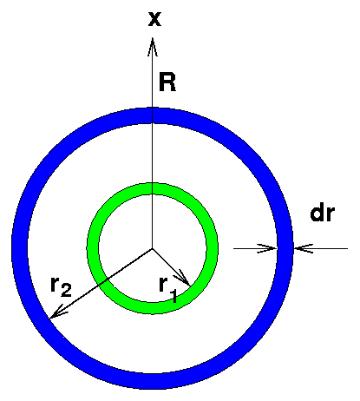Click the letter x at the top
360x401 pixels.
(x=154, y=20)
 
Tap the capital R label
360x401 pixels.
(x=167, y=82)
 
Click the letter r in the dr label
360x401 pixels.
(x=331, y=215)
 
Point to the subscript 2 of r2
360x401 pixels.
(x=66, y=290)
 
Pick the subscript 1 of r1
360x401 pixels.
(x=173, y=296)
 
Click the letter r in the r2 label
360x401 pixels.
(x=56, y=284)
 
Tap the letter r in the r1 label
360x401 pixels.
(x=164, y=284)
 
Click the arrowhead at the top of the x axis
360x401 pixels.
(x=153, y=46)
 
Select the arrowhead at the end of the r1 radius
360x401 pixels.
(x=185, y=279)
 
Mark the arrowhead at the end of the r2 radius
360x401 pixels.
(x=56, y=312)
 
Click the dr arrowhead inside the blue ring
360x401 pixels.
(x=267, y=248)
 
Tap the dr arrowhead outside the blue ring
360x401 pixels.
(x=303, y=248)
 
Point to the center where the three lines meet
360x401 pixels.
(x=153, y=248)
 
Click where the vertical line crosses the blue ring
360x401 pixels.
(x=153, y=115)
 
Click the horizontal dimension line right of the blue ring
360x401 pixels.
(x=320, y=248)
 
